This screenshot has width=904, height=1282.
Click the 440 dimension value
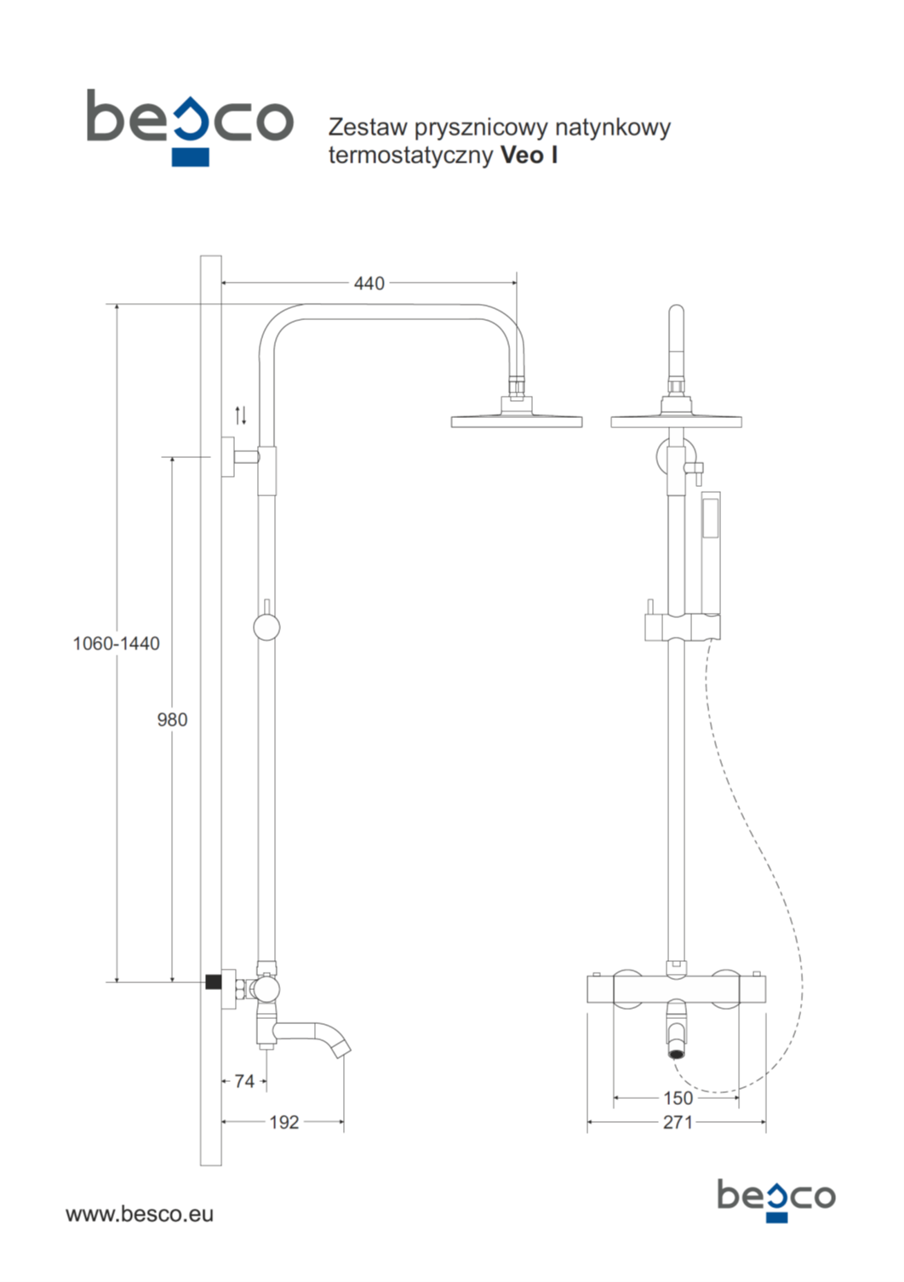point(369,283)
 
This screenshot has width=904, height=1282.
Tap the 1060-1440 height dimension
point(116,644)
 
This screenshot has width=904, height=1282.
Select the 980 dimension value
point(172,720)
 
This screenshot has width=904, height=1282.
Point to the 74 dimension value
point(244,1081)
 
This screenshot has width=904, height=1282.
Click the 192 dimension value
point(284,1122)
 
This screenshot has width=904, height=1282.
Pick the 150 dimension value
point(678,1098)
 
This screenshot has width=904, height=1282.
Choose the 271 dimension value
point(678,1122)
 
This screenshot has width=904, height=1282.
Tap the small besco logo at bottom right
point(775,1199)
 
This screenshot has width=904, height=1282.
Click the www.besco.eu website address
point(140,1214)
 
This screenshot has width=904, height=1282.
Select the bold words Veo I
point(529,155)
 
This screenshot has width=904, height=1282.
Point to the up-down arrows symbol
point(241,415)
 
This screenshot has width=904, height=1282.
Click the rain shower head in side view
point(517,420)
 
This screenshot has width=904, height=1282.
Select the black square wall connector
point(214,982)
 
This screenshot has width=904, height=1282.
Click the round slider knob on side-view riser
point(266,627)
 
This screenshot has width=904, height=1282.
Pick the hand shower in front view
point(709,553)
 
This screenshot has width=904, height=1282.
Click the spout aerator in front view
point(677,1053)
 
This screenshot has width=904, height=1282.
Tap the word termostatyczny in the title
point(410,155)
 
